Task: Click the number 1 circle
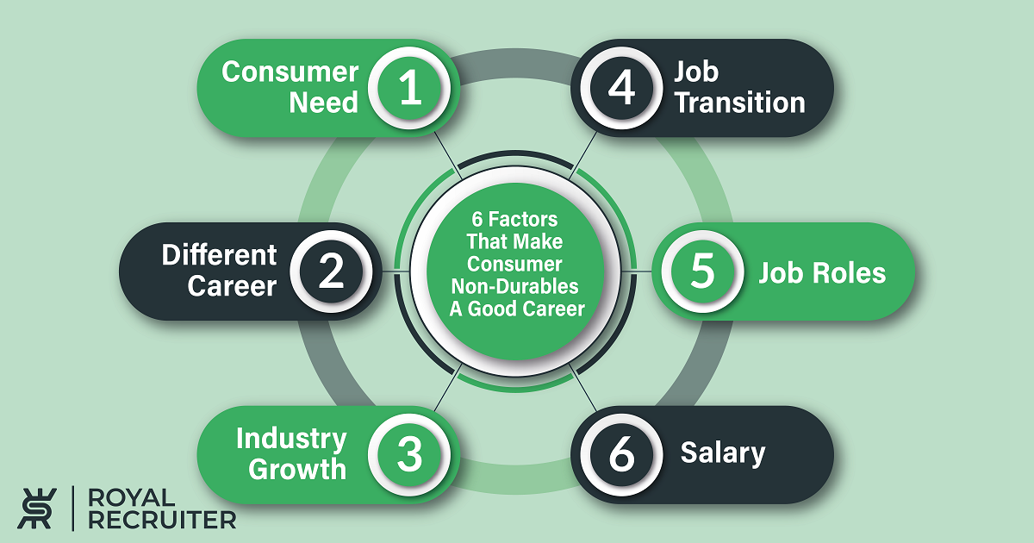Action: (x=409, y=88)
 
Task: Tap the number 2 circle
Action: (x=332, y=271)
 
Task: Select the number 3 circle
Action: (x=409, y=455)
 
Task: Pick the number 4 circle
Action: (x=621, y=88)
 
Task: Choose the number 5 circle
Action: (x=702, y=271)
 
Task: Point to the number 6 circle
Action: (x=621, y=455)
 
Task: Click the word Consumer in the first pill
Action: (x=290, y=72)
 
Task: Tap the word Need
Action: (x=324, y=102)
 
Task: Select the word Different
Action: (x=219, y=255)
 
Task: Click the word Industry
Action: (x=291, y=439)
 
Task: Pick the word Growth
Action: (x=297, y=469)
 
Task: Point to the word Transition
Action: (x=740, y=102)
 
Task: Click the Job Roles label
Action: (x=823, y=272)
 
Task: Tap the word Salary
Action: (x=723, y=453)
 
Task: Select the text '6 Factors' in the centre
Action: (x=514, y=219)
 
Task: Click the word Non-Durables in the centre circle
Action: (x=514, y=286)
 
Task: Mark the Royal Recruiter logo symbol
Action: (x=37, y=509)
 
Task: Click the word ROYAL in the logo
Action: (x=132, y=498)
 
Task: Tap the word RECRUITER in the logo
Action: (x=162, y=521)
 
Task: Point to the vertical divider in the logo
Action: (x=73, y=509)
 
